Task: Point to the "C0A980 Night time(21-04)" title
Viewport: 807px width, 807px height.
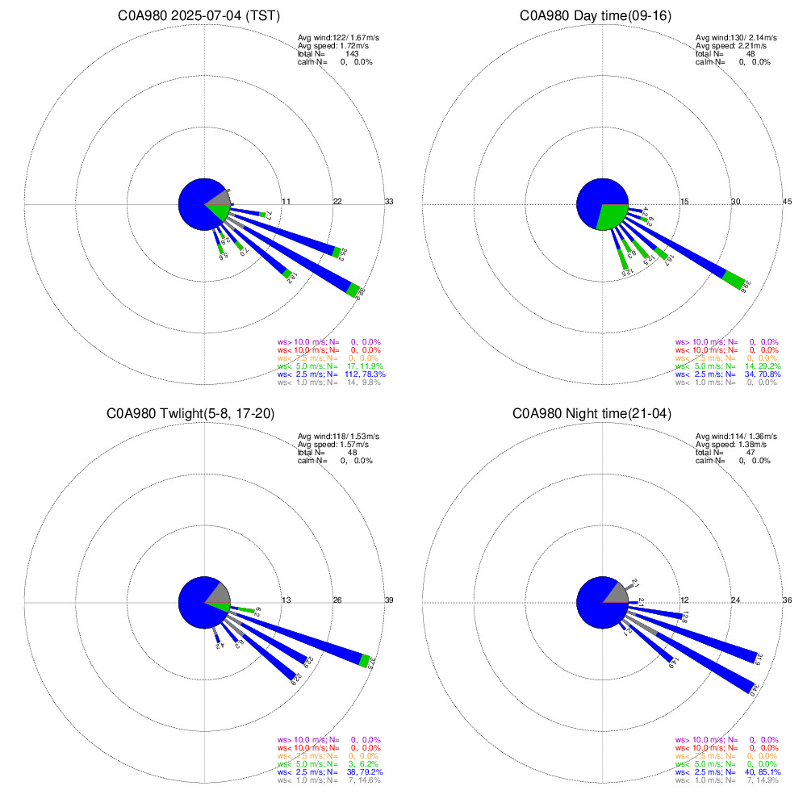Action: (x=602, y=414)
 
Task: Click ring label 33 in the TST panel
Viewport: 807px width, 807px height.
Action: (x=389, y=201)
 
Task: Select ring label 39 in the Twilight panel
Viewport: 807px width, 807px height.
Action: (x=389, y=600)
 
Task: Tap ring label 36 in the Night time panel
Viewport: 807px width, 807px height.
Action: (x=788, y=600)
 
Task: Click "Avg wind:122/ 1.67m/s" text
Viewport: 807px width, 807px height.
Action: (x=336, y=38)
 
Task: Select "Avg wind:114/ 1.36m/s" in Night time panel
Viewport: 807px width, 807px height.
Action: (x=736, y=437)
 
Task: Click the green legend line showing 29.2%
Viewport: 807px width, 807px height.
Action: (x=726, y=366)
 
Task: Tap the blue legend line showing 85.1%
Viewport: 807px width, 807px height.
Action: (x=726, y=772)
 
